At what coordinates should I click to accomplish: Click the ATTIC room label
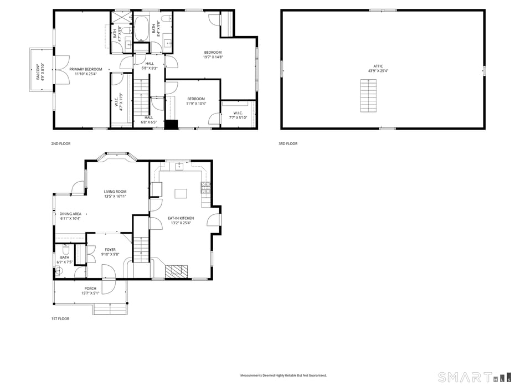378,66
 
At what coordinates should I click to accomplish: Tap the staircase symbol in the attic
368,96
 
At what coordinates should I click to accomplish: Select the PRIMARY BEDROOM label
86,69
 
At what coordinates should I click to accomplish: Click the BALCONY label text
38,71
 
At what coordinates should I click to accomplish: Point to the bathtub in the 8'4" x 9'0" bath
142,28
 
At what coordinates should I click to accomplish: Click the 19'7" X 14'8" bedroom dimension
213,57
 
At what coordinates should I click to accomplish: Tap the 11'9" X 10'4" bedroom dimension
196,104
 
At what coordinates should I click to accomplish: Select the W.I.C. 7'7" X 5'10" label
238,115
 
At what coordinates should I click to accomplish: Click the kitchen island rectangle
181,193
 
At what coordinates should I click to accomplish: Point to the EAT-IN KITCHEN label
181,218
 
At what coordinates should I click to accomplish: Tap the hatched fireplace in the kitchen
177,272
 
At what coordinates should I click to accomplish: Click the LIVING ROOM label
115,192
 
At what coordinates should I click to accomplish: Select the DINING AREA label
70,214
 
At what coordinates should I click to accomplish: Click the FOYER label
110,250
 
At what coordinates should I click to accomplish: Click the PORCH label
90,289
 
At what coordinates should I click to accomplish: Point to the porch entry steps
110,309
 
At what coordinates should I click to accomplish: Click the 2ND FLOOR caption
61,143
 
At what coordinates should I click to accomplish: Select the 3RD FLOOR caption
288,143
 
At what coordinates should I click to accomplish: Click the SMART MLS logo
474,377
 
